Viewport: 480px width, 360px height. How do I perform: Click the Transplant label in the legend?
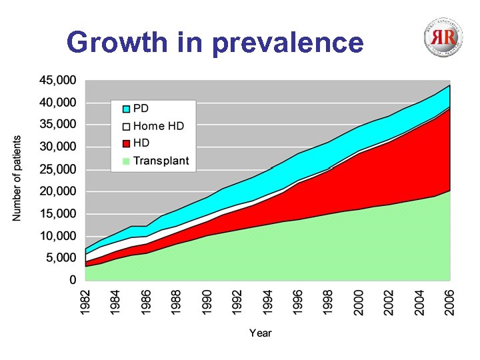click(x=161, y=160)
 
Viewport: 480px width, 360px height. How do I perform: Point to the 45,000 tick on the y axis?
click(x=57, y=80)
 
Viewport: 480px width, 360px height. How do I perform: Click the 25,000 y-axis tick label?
click(x=57, y=169)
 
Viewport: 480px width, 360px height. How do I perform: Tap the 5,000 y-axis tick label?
click(x=59, y=258)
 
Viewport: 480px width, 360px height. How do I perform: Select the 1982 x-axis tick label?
click(x=85, y=302)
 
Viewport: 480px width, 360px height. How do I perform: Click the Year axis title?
click(x=261, y=333)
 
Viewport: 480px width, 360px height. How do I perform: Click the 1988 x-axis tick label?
click(x=177, y=302)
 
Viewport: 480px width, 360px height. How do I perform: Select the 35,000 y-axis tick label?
click(x=57, y=125)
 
